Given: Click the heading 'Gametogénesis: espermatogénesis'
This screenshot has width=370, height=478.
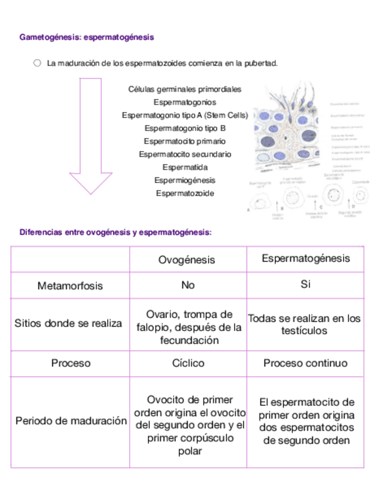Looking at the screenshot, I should (x=86, y=37).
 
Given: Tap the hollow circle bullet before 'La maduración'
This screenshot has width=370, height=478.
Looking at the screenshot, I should (x=37, y=63).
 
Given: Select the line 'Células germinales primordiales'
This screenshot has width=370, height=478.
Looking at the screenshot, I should (x=184, y=89).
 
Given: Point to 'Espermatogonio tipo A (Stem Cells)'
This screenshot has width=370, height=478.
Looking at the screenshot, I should (x=184, y=115).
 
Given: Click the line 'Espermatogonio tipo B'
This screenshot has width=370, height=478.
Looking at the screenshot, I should (x=184, y=128).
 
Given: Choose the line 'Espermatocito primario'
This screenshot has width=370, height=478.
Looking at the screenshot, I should (x=184, y=141).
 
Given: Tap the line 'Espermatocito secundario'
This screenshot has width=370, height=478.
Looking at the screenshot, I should (x=184, y=154).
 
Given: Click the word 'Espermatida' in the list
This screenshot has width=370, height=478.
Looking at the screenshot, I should (x=184, y=167).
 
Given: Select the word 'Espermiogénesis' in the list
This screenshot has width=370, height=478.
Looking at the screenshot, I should (x=184, y=180).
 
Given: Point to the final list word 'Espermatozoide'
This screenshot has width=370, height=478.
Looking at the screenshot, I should (x=184, y=193).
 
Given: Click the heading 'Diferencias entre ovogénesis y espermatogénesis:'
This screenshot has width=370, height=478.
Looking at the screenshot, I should (x=116, y=232).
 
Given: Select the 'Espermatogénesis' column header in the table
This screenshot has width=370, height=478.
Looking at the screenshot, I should (x=305, y=259).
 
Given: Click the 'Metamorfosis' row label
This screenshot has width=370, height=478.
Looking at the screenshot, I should (x=70, y=286).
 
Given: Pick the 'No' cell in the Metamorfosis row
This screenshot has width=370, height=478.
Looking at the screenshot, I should (x=188, y=285).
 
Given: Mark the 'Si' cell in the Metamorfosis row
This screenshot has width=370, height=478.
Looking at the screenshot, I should (x=305, y=285).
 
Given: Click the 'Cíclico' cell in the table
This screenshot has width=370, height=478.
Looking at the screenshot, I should (x=188, y=363).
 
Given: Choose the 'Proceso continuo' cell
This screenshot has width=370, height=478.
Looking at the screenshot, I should (x=305, y=363).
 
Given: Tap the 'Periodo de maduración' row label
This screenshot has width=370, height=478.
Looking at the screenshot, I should (x=71, y=421).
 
